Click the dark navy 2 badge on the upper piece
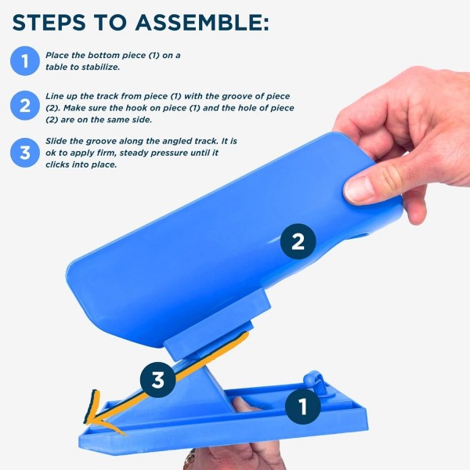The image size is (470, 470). click(x=298, y=242)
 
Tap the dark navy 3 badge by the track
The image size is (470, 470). click(x=158, y=381)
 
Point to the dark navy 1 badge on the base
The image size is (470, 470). click(x=302, y=405)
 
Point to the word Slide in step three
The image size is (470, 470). click(x=59, y=140)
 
